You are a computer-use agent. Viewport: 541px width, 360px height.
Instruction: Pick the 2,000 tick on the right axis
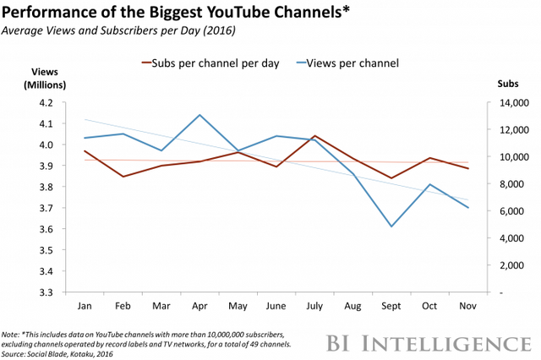tap(511, 265)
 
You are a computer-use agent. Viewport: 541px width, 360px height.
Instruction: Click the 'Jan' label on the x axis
tap(85, 305)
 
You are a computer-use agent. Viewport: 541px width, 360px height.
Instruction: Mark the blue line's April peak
tap(199, 114)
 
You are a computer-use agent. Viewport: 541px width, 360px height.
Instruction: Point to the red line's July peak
tap(314, 136)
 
